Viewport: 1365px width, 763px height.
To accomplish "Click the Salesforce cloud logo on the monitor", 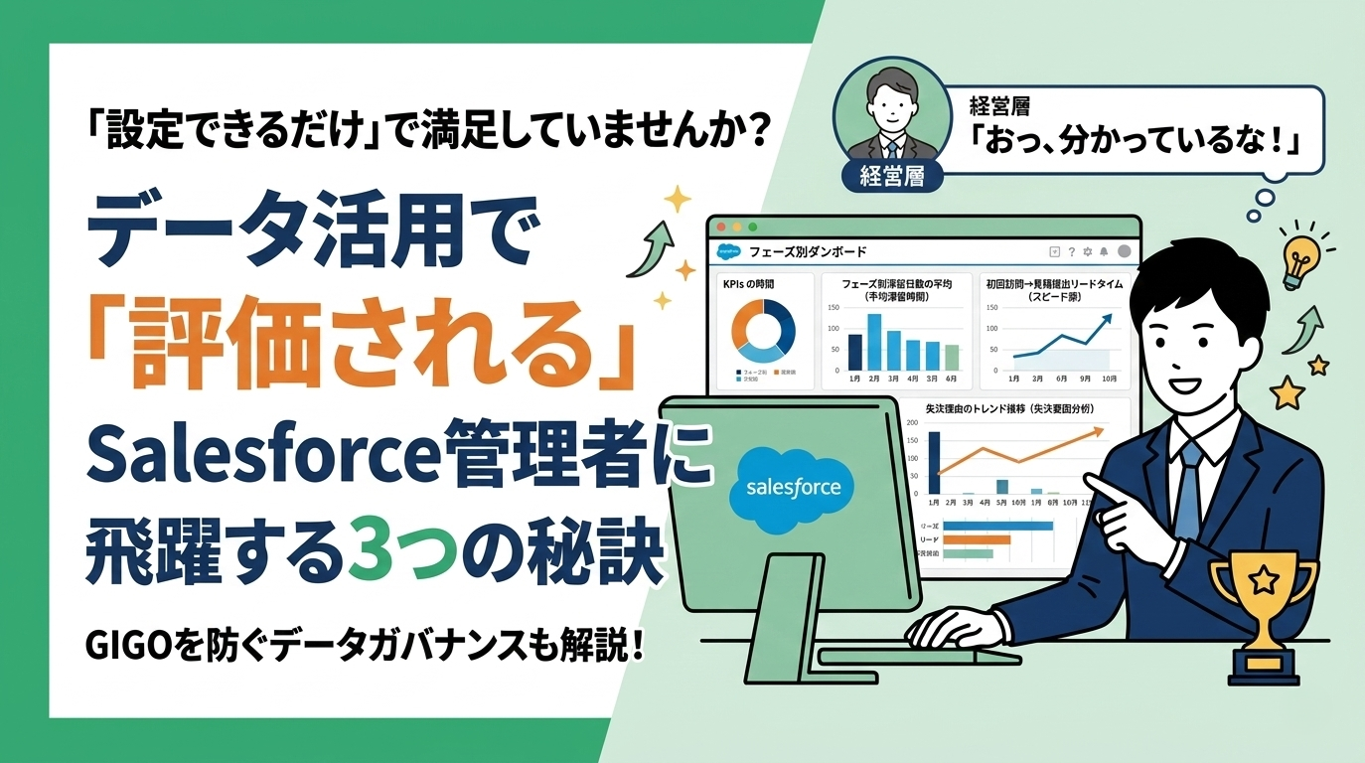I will (x=785, y=487).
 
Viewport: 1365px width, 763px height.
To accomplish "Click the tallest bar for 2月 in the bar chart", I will (x=874, y=341).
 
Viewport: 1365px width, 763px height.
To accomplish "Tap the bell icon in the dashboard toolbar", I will (x=1104, y=251).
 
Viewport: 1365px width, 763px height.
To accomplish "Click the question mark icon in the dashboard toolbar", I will (x=1071, y=251).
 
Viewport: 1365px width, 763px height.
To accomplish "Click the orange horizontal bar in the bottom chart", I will (x=976, y=539).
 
